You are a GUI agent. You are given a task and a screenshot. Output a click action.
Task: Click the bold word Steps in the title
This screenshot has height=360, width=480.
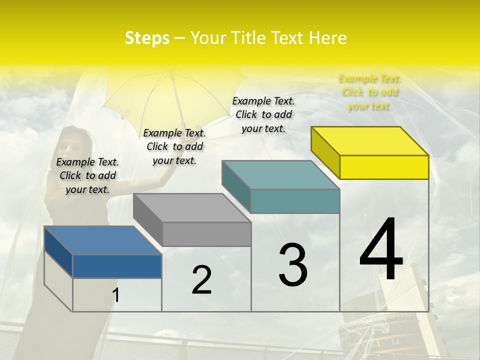147,38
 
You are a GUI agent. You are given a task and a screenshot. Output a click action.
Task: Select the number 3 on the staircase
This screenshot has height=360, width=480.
293,264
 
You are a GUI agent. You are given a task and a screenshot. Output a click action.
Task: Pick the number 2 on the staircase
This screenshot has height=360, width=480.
201,280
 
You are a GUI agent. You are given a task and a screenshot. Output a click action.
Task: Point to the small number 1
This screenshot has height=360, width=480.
116,295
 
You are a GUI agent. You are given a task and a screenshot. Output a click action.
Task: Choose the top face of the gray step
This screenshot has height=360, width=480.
192,208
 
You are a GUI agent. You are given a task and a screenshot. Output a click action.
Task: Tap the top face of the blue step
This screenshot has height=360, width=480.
103,240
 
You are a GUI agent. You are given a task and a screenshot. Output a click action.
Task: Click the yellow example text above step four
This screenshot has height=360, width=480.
369,92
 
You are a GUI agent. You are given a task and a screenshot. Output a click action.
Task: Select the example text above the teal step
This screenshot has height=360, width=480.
263,114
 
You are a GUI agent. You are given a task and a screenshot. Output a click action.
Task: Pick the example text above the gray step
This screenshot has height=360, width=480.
174,146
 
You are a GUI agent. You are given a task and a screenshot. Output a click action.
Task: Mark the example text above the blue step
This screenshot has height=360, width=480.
87,175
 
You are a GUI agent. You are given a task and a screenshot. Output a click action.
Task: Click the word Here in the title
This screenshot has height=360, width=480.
328,38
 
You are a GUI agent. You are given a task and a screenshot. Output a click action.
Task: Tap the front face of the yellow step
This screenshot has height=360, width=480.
384,167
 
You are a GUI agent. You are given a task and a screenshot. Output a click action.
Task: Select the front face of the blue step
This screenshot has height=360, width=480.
117,266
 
